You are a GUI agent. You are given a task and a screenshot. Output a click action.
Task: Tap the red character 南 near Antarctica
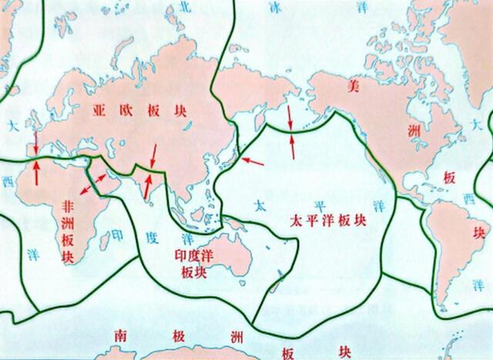(119, 336)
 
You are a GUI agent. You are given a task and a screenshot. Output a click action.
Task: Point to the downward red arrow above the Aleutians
(290, 117)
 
